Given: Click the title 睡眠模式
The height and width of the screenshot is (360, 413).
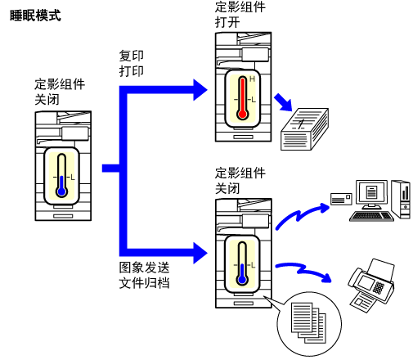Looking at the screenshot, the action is click(35, 16).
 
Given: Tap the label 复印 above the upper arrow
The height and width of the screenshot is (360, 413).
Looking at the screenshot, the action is click(132, 56).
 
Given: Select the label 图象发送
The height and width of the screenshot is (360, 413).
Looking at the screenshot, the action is click(144, 268).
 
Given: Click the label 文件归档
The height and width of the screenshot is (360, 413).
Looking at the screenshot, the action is click(144, 283).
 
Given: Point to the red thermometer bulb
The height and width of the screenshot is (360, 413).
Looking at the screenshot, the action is click(242, 114).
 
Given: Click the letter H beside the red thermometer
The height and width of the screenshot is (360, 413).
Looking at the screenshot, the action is click(252, 79).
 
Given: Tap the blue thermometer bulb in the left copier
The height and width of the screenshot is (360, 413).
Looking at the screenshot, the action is click(62, 191).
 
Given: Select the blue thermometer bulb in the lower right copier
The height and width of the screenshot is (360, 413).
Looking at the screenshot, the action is click(242, 280).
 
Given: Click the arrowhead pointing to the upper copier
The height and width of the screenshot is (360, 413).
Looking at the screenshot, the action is click(200, 90).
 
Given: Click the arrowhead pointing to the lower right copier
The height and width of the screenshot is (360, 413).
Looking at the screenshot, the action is click(200, 253).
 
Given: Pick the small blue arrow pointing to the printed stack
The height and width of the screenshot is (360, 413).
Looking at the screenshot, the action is click(284, 102).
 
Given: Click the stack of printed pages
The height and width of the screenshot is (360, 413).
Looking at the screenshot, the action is click(304, 129).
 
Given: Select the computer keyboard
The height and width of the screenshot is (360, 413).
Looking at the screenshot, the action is click(371, 216).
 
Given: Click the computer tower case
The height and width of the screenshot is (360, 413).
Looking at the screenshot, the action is click(401, 200).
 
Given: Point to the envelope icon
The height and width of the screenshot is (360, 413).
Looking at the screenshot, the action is click(341, 199).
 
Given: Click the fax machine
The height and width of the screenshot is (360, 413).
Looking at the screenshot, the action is click(371, 286).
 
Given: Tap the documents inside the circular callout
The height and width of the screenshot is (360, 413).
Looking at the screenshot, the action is click(308, 323).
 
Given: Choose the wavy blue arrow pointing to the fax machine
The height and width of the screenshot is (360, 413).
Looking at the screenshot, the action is click(303, 272).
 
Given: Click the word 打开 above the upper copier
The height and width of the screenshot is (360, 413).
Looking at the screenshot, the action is click(227, 22).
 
